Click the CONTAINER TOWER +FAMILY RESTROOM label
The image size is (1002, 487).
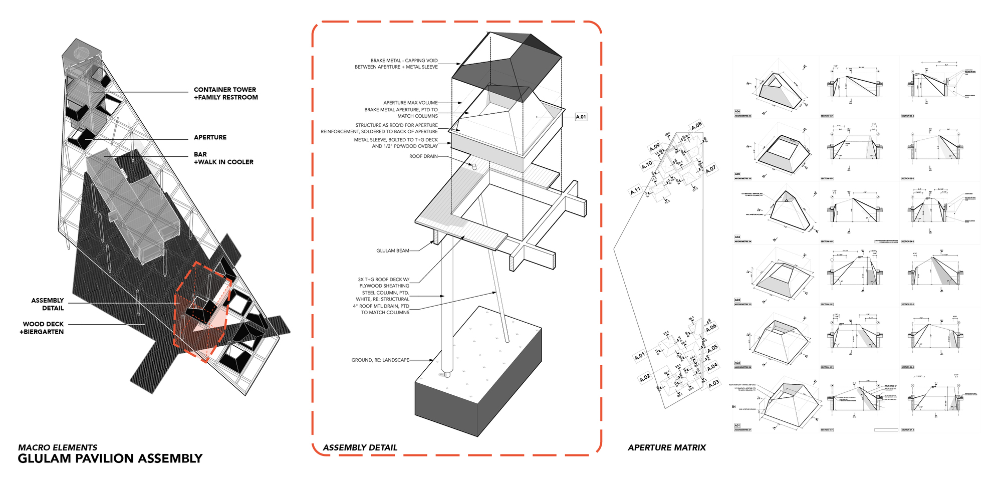[x=225, y=93]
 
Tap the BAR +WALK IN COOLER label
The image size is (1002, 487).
[x=223, y=158]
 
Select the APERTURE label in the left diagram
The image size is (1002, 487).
[x=210, y=137]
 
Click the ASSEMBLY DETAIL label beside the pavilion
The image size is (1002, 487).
[x=48, y=304]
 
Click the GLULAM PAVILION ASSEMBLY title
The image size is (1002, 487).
[x=110, y=458]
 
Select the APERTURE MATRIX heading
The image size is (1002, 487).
[x=666, y=447]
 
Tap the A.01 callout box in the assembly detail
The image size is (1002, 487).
[x=581, y=117]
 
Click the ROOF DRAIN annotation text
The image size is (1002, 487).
[x=423, y=156]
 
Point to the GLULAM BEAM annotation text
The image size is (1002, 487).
[x=393, y=251]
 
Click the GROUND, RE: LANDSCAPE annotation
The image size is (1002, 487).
[x=380, y=360]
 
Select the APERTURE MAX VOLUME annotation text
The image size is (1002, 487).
[x=410, y=103]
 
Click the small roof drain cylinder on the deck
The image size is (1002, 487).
[x=472, y=166]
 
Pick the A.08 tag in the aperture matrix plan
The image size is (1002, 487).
[x=696, y=126]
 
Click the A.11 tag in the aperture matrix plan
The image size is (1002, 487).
[x=635, y=191]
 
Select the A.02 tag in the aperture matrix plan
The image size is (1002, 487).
[x=645, y=378]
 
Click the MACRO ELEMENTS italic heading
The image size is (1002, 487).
[x=58, y=447]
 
